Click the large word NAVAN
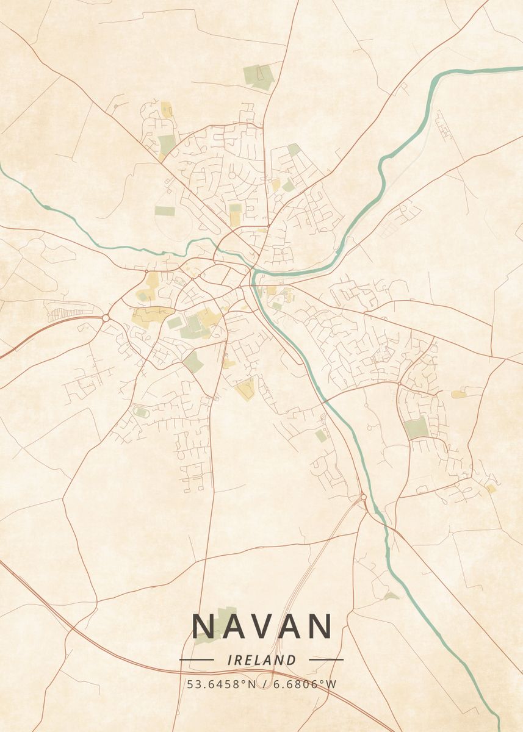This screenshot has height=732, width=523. [x=262, y=626]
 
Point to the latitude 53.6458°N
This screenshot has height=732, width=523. [x=222, y=684]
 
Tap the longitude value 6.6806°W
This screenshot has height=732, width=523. [x=304, y=684]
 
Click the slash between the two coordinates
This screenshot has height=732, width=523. [x=264, y=684]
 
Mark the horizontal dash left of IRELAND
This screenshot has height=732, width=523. [x=196, y=659]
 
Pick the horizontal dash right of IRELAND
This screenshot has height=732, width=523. [x=326, y=659]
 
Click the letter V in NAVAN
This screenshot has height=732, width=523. [x=262, y=626]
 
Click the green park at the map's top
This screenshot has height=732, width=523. [x=259, y=77]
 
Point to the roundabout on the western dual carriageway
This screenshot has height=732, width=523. [x=106, y=318]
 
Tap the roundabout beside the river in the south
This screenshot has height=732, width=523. [x=363, y=497]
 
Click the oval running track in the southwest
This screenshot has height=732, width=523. [x=141, y=413]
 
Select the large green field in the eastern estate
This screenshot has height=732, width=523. [x=417, y=427]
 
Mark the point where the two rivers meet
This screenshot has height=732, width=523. [x=253, y=271]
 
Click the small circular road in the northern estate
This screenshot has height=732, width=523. [x=233, y=175]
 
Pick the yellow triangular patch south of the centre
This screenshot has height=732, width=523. [x=246, y=389]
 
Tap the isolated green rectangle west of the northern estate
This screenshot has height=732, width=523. [x=164, y=211]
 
